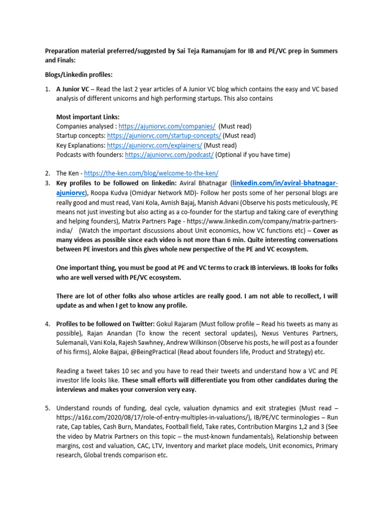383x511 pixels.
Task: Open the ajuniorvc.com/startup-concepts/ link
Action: click(x=164, y=136)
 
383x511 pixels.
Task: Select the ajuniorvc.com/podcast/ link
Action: click(x=170, y=155)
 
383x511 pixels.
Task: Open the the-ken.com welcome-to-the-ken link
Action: click(x=151, y=174)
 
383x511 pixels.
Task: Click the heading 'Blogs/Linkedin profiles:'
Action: click(x=79, y=75)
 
